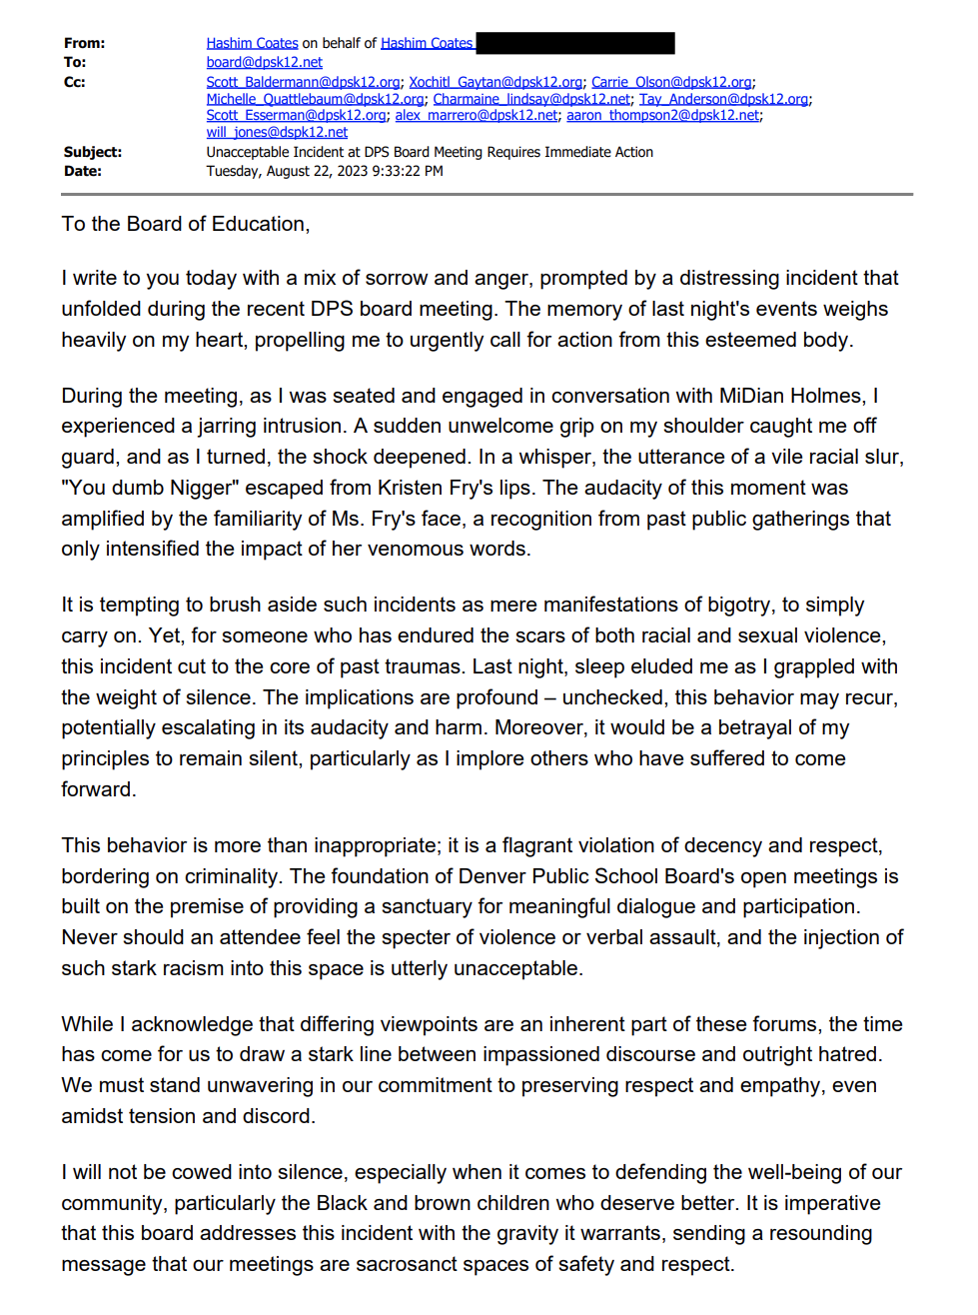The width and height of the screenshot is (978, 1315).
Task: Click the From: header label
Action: click(x=84, y=43)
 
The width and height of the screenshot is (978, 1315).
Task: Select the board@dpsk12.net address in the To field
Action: click(x=264, y=62)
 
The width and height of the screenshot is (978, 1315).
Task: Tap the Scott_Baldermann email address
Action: click(x=303, y=82)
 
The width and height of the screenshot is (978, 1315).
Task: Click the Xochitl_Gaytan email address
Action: click(x=494, y=82)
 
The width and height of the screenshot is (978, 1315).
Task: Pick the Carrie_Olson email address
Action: click(x=671, y=82)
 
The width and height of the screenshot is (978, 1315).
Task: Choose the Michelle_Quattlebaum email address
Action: click(x=315, y=99)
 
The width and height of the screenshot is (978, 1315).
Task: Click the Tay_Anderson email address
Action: click(x=723, y=99)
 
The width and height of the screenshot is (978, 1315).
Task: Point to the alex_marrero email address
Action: click(x=476, y=115)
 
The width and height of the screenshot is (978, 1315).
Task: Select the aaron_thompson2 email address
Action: click(x=662, y=115)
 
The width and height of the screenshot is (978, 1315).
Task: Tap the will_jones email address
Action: click(x=277, y=132)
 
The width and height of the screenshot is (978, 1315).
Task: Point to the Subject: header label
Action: click(x=93, y=152)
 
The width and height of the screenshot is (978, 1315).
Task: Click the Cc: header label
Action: click(x=75, y=82)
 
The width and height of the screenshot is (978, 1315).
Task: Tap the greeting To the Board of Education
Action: click(x=186, y=224)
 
